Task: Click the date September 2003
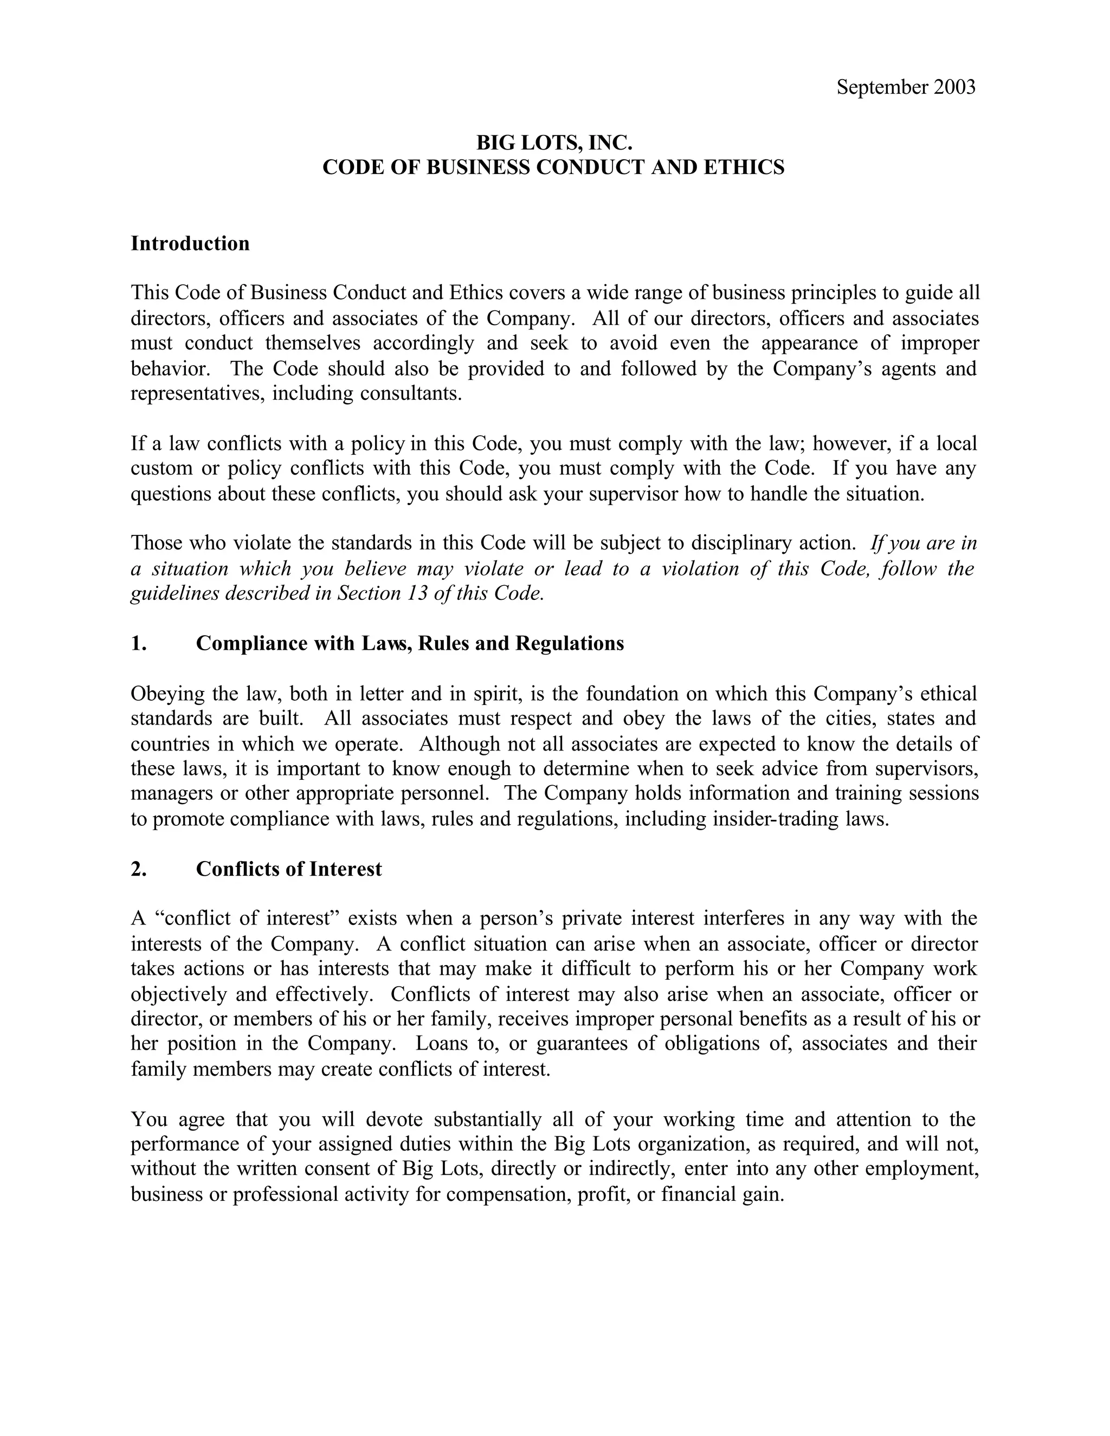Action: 906,87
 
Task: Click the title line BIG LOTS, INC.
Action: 554,142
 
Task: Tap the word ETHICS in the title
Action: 744,167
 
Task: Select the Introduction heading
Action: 190,243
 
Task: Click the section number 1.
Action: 138,643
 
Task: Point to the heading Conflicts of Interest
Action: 289,869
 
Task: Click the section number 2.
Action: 138,869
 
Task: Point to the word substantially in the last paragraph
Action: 487,1118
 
